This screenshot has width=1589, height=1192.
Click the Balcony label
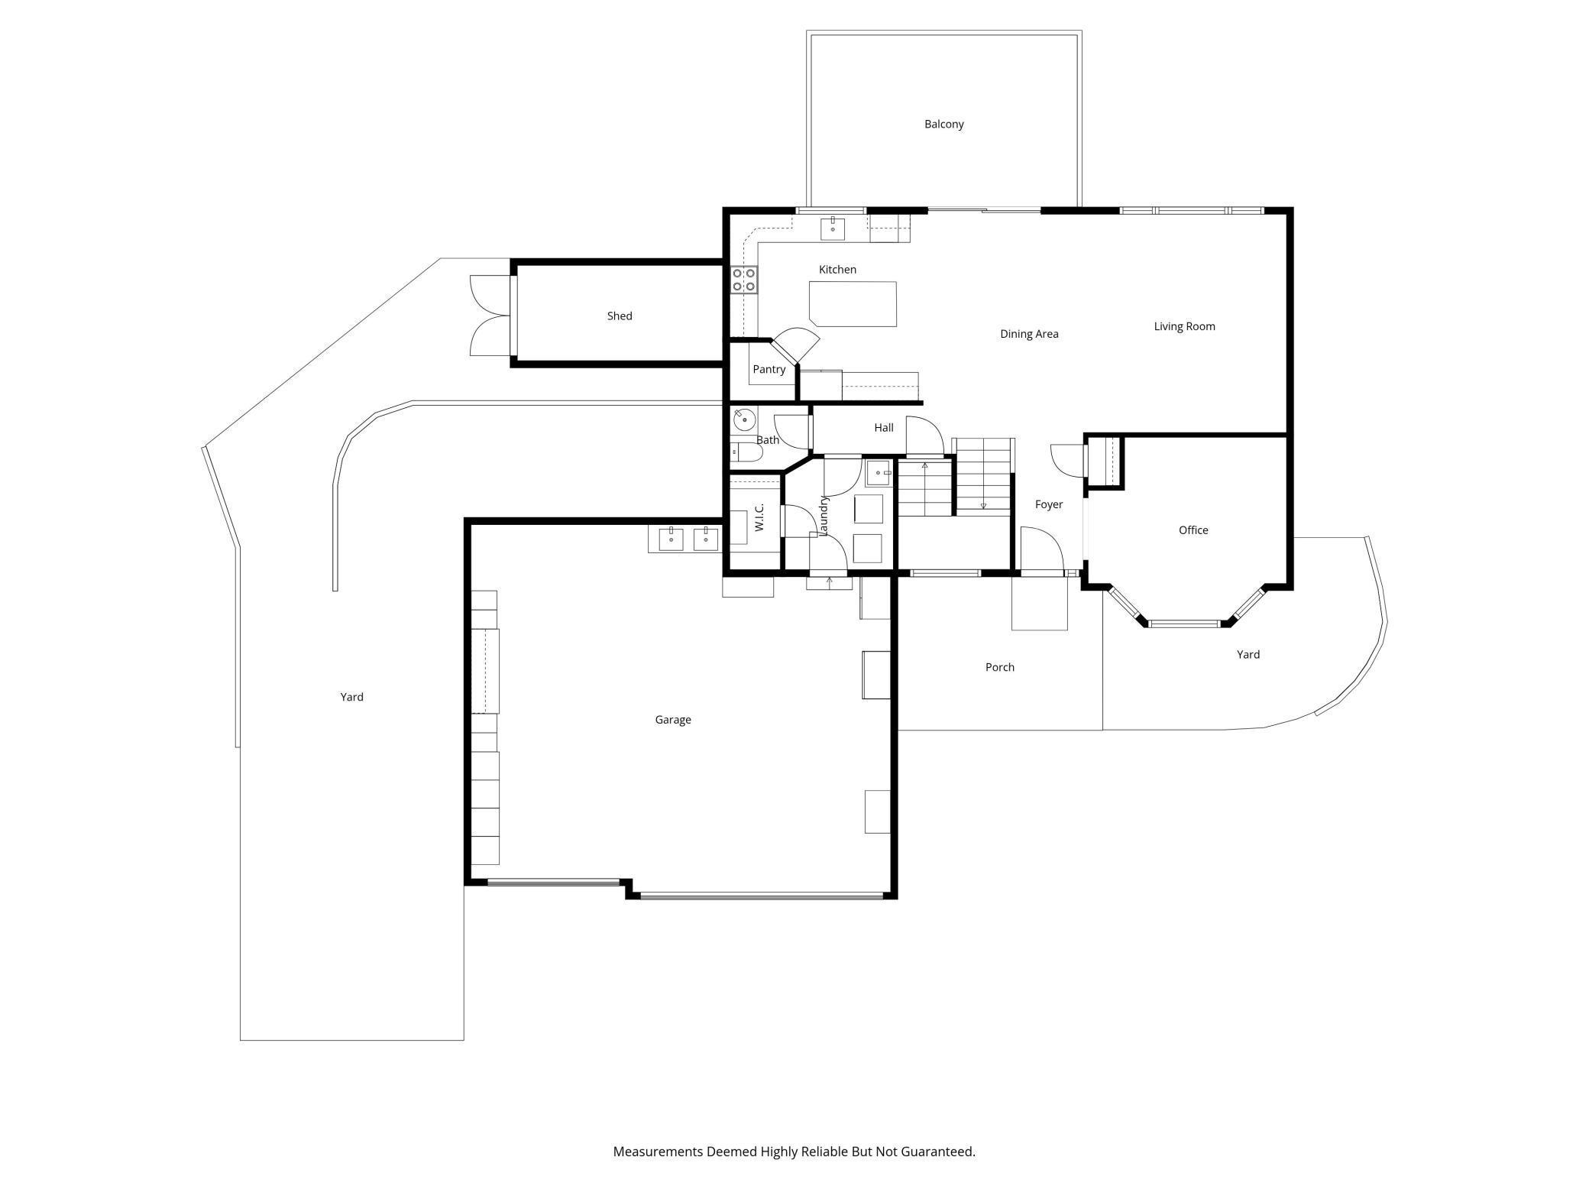coord(943,124)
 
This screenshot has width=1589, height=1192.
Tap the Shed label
coord(620,316)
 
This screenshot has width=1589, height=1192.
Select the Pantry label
coord(769,369)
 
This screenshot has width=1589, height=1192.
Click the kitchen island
coord(853,303)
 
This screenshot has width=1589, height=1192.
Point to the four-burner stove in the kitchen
coord(744,280)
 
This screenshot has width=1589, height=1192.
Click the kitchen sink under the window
coord(832,228)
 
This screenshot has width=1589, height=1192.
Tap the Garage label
coord(673,719)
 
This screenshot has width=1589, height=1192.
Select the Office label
coord(1193,530)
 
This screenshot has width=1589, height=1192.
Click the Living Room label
coord(1184,326)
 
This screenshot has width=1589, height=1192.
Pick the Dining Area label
coord(1029,334)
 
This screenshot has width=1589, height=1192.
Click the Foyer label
coord(1049,504)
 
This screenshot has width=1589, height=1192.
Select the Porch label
coord(999,667)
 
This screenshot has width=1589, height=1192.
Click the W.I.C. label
coord(759,517)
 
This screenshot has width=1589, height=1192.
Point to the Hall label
coord(884,427)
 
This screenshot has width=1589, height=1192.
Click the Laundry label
coord(824,515)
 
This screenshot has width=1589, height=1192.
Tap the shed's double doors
coord(490,316)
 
